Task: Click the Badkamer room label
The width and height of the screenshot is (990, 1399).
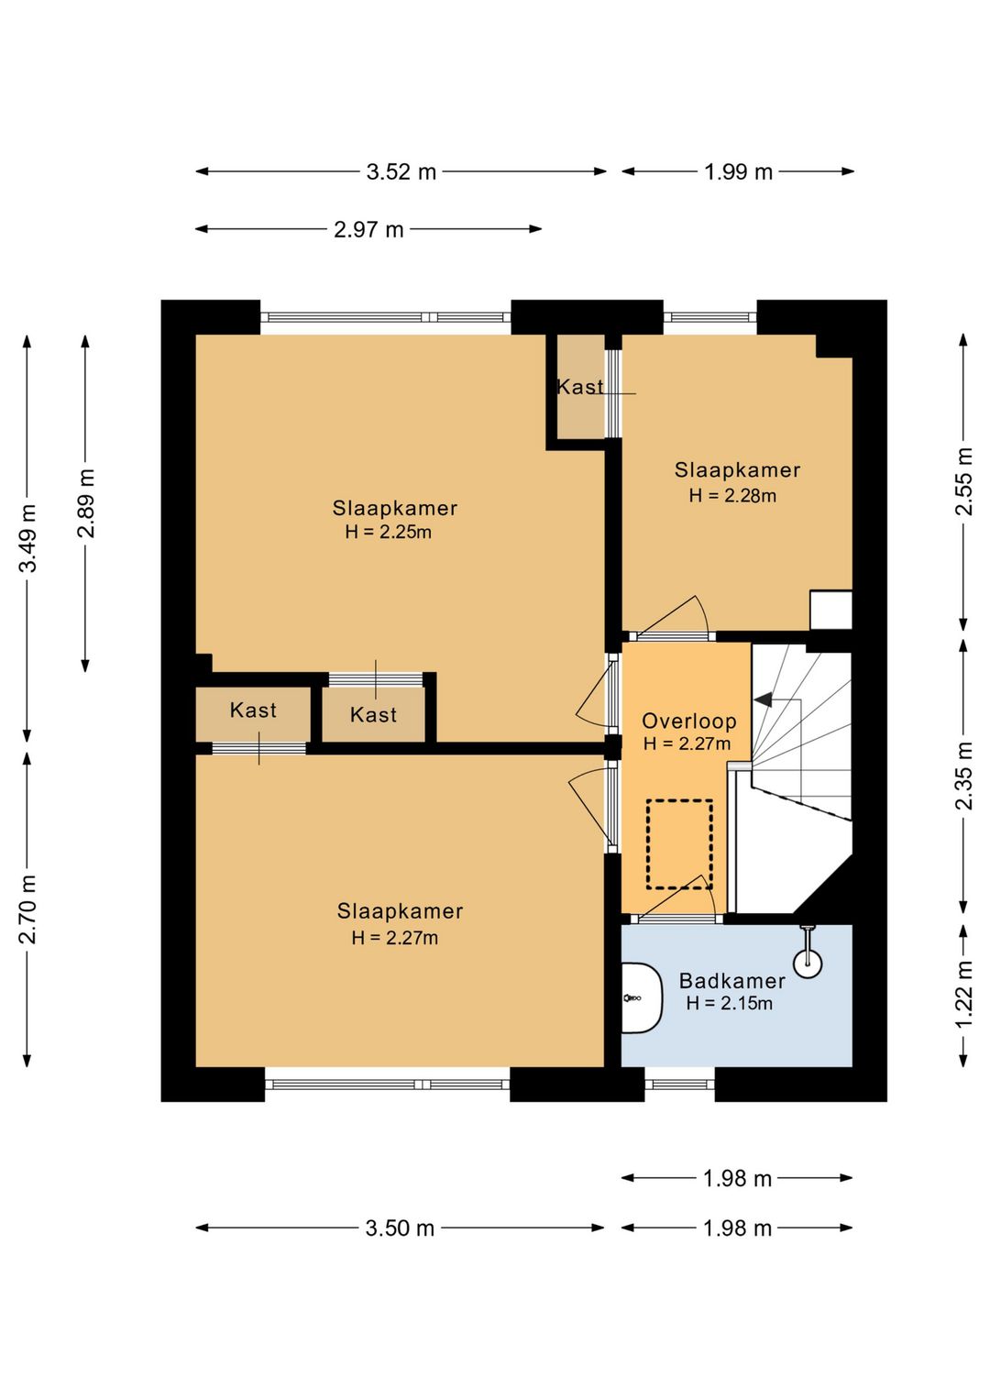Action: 732,981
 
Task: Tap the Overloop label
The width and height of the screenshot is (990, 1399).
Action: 689,722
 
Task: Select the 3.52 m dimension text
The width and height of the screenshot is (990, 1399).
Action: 401,171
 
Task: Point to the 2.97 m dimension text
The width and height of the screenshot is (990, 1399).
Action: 368,230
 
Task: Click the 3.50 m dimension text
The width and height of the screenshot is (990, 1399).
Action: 400,1228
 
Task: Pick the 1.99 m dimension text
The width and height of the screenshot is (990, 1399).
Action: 738,171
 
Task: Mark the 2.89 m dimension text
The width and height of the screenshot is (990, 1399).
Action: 85,503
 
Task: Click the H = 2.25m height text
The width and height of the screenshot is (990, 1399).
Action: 389,532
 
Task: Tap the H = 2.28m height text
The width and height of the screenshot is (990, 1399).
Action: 732,496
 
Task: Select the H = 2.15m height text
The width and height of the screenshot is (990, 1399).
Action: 730,1003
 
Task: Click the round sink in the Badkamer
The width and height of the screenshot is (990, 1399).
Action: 808,963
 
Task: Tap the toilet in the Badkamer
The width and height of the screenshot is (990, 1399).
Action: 641,998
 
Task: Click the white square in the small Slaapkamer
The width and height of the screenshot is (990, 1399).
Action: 830,610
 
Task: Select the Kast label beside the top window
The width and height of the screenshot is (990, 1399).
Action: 580,387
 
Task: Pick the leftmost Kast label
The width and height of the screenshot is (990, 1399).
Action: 253,711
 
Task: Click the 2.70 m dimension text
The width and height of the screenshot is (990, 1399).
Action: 28,909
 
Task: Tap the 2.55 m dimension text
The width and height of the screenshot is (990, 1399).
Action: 964,481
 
